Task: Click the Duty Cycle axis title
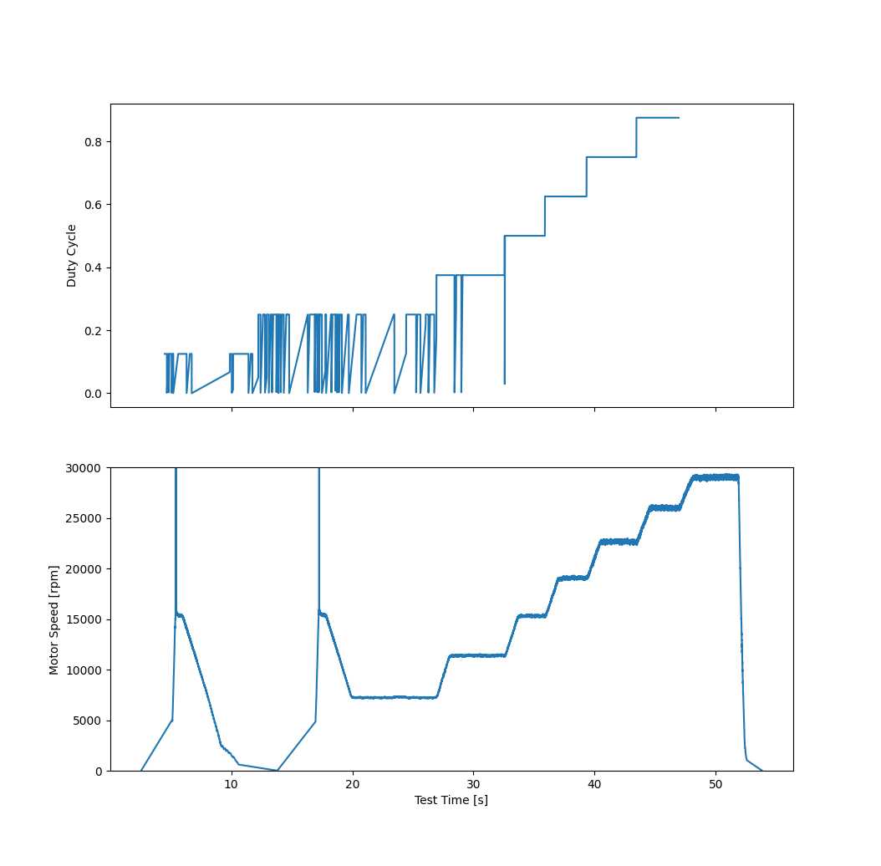click(72, 256)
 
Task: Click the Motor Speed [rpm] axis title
click(54, 619)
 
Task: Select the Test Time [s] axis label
click(451, 800)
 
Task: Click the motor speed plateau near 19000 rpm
click(573, 578)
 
